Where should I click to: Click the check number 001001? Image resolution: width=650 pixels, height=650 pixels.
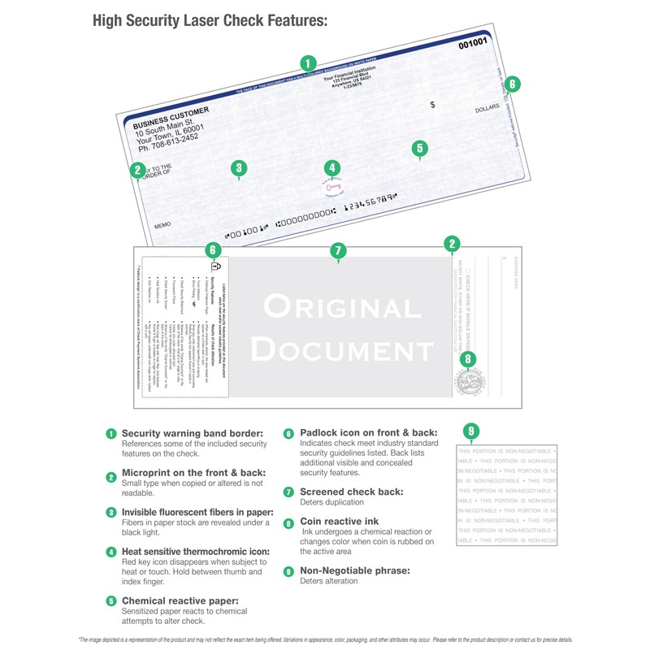click(473, 43)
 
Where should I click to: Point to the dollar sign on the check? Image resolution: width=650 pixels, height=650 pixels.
click(432, 105)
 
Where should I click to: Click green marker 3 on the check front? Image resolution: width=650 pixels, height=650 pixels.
click(238, 168)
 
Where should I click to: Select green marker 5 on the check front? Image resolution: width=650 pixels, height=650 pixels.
click(419, 148)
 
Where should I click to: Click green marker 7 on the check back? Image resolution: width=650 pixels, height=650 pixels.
click(339, 251)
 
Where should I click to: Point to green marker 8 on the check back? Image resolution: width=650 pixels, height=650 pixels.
click(466, 359)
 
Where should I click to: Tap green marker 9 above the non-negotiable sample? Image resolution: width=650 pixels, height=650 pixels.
click(472, 431)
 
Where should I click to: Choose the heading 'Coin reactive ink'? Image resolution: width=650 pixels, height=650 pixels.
click(341, 522)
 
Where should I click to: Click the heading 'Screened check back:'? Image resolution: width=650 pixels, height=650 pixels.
click(352, 492)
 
